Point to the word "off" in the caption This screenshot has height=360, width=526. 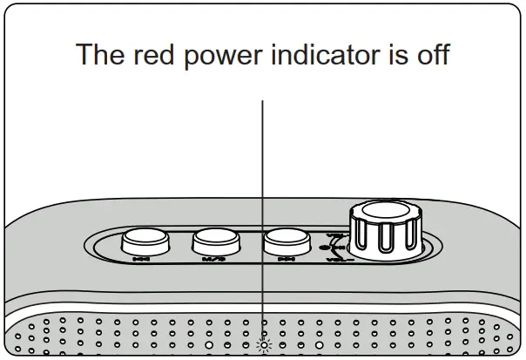click(x=430, y=55)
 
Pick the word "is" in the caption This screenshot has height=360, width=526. click(x=391, y=55)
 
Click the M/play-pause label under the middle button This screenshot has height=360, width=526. click(x=212, y=259)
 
